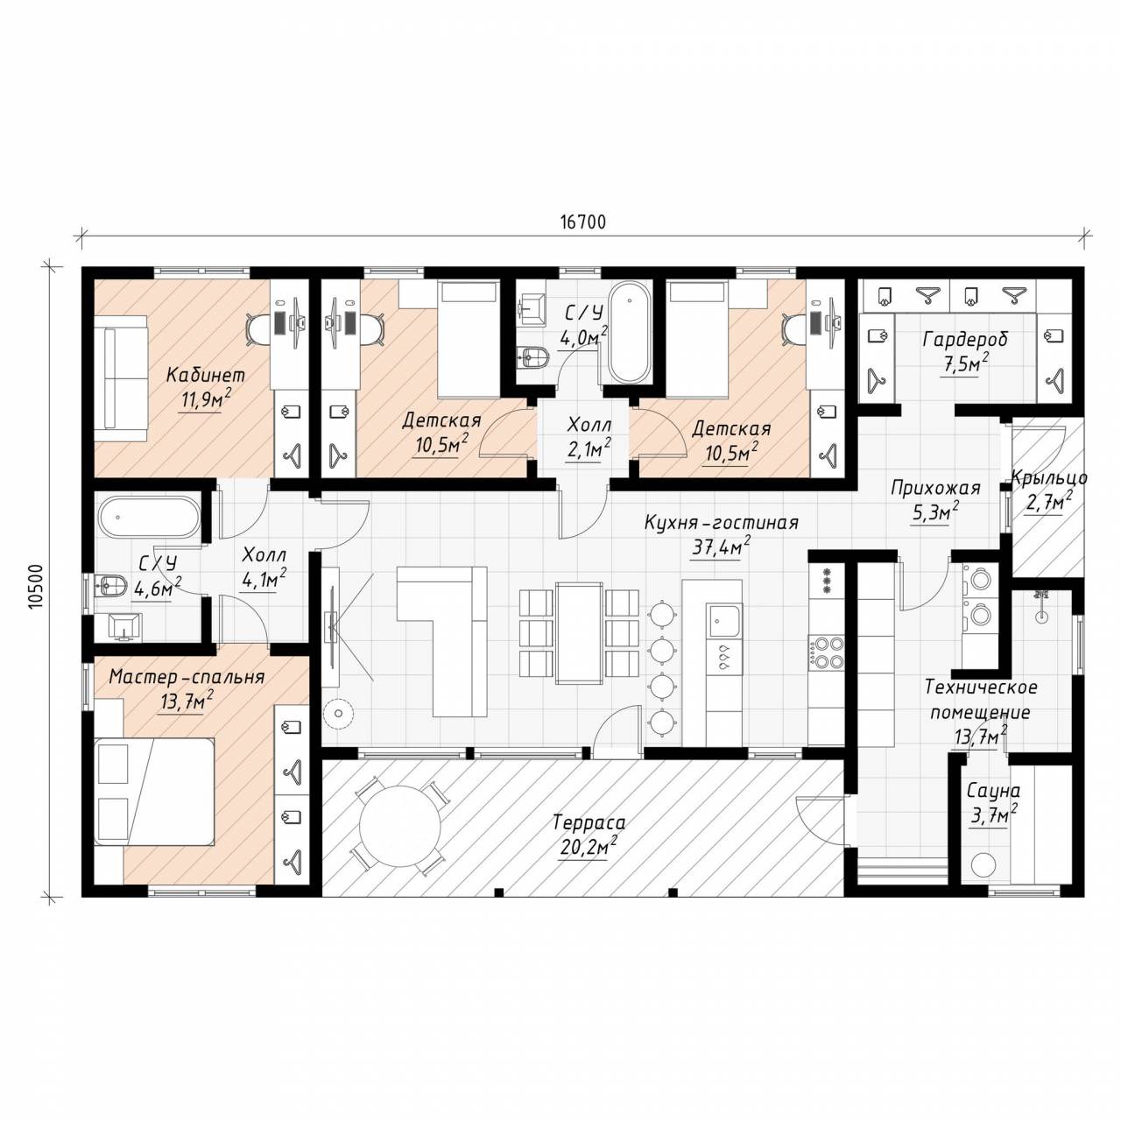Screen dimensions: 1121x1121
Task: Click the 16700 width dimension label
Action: (583, 222)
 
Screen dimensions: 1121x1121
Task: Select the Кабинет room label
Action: (205, 375)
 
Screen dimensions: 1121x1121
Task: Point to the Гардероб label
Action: (965, 339)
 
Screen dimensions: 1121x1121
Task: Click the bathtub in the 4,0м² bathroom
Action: (628, 332)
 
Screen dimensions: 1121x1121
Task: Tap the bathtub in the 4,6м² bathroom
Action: (150, 517)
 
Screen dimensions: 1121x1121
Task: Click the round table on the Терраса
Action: (400, 826)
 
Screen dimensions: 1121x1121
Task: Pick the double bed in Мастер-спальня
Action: (154, 791)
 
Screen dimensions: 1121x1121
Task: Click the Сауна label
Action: (994, 792)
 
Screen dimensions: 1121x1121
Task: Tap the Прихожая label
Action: (935, 488)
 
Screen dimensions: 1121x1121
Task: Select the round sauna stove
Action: (984, 864)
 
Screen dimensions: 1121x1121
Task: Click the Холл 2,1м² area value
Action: (589, 451)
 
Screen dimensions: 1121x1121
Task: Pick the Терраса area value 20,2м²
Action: (589, 848)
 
